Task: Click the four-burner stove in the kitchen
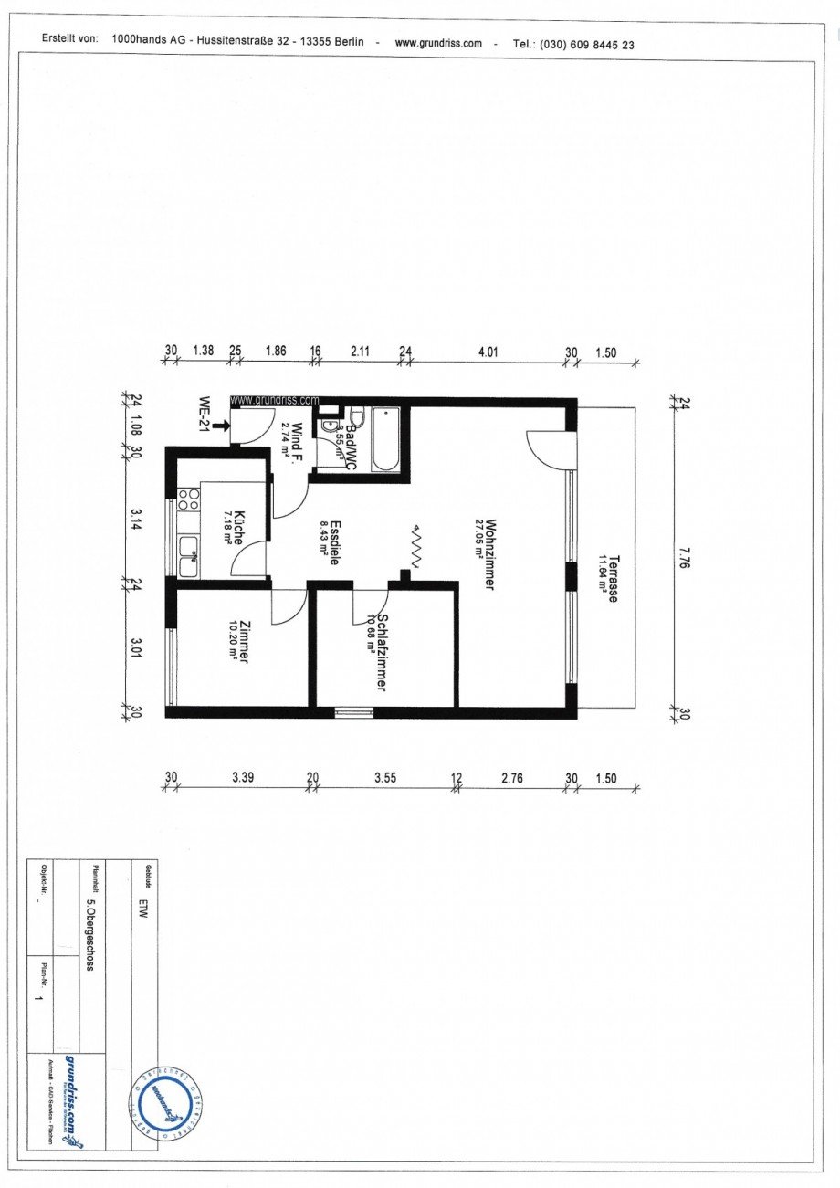(x=189, y=499)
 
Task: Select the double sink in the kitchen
(x=190, y=556)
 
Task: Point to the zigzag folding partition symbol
(x=416, y=548)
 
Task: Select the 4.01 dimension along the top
(x=488, y=351)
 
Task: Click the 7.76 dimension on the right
(x=686, y=557)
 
